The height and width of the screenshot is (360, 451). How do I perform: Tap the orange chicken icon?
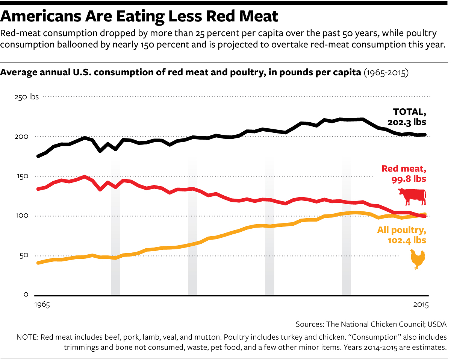417,259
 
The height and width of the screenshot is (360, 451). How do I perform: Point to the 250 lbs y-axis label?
26,97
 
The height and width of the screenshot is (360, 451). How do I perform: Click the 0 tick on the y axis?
26,295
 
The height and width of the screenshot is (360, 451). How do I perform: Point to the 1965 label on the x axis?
41,305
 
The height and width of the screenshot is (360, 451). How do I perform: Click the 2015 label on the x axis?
420,305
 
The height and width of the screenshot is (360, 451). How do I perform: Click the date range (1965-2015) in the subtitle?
386,73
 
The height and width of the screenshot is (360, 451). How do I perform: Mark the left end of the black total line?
38,156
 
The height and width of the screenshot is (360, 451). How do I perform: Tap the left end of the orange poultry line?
38,263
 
